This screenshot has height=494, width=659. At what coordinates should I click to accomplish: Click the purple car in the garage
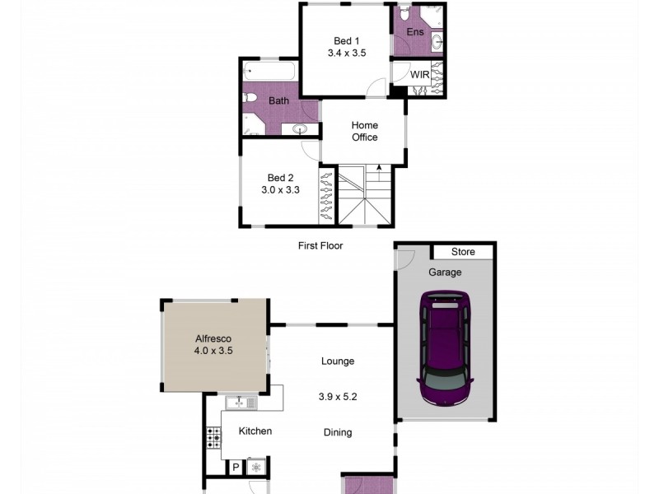pyautogui.click(x=446, y=351)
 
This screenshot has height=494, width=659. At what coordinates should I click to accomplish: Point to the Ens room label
pyautogui.click(x=415, y=32)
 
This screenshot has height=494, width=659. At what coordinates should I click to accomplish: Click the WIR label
pyautogui.click(x=420, y=75)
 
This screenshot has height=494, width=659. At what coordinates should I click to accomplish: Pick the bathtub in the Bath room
pyautogui.click(x=269, y=72)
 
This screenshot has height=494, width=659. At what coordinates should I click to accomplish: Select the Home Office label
pyautogui.click(x=364, y=132)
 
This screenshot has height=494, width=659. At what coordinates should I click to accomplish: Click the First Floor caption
pyautogui.click(x=320, y=245)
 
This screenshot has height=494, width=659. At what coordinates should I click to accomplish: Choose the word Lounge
pyautogui.click(x=338, y=361)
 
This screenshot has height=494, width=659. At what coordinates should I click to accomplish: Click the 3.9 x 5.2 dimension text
pyautogui.click(x=338, y=396)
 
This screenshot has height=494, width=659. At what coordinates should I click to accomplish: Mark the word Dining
pyautogui.click(x=338, y=432)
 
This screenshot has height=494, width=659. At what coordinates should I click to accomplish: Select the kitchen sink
pyautogui.click(x=241, y=403)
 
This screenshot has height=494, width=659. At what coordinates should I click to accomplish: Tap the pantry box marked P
pyautogui.click(x=236, y=467)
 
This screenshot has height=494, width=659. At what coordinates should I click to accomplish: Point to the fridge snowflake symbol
pyautogui.click(x=255, y=467)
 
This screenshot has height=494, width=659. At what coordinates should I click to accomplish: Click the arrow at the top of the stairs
pyautogui.click(x=379, y=169)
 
